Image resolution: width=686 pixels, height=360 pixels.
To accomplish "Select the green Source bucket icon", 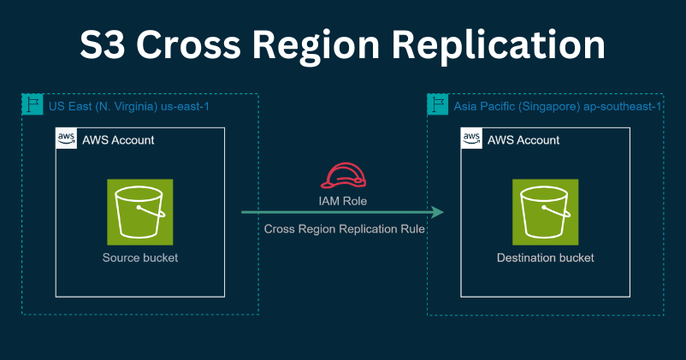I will pos(140,210).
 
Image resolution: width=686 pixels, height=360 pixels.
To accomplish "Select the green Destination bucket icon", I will pos(545,210).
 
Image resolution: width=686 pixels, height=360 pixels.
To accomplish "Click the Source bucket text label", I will pos(140,257).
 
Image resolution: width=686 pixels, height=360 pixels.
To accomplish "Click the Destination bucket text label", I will pos(545,257).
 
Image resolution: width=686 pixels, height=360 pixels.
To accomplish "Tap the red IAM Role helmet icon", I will pos(343,174).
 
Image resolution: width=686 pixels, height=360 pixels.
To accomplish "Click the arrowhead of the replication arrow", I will pos(438,212).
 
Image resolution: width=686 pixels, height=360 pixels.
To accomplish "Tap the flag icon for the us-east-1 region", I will pos(32,105).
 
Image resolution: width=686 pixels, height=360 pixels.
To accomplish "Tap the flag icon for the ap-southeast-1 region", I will pos(437,105).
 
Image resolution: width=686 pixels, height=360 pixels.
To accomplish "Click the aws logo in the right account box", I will pos(471,139).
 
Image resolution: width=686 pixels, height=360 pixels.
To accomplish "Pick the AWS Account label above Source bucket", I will pos(118,139).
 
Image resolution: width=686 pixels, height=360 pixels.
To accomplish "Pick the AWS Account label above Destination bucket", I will pos(523,139).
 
